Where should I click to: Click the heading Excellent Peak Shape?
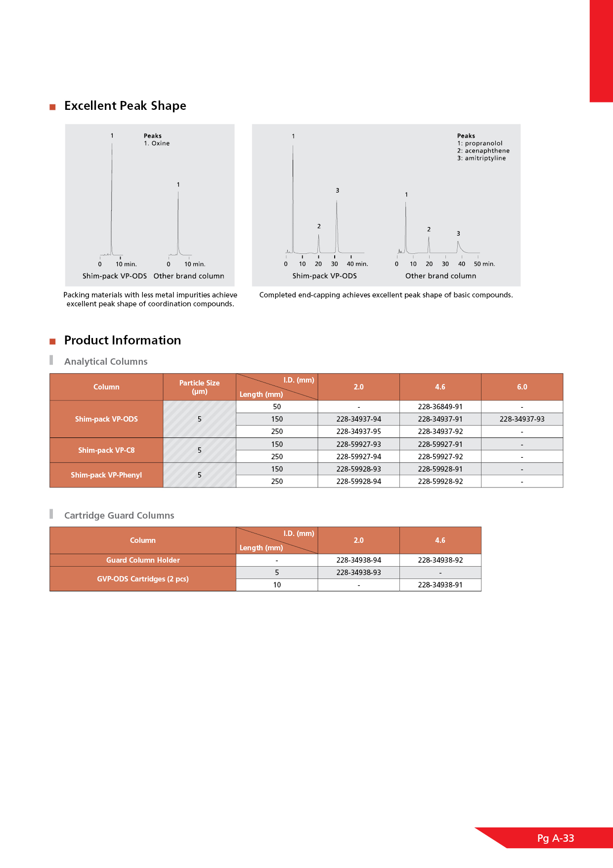[x=125, y=106]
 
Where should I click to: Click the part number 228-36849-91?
[x=440, y=407]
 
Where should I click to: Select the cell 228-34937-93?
[x=522, y=419]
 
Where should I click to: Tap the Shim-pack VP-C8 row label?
[x=106, y=450]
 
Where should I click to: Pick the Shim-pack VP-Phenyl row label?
[x=106, y=475]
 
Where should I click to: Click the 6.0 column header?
[x=522, y=387]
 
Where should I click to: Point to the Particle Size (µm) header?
[x=199, y=387]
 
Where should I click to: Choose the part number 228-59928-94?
[x=358, y=482]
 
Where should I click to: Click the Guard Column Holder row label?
[x=143, y=560]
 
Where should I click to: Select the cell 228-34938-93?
[x=358, y=573]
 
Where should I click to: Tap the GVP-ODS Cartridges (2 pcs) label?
[x=143, y=579]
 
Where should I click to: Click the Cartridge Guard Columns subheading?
[x=119, y=516]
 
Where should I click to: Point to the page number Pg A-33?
[x=556, y=838]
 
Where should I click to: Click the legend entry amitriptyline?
[x=484, y=158]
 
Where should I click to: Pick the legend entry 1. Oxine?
[x=157, y=144]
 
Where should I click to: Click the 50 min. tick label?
[x=484, y=264]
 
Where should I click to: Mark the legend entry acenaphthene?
[x=486, y=151]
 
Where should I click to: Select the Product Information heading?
[x=123, y=340]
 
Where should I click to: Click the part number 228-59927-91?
[x=440, y=444]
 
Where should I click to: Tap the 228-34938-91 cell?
[x=440, y=585]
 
